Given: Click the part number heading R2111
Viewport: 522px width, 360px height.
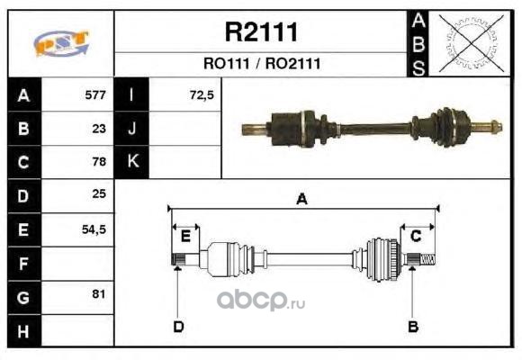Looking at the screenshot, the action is click(x=261, y=32).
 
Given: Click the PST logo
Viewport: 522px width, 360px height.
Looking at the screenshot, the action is click(x=61, y=43).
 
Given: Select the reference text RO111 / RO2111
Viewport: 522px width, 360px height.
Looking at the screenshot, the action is click(x=262, y=64).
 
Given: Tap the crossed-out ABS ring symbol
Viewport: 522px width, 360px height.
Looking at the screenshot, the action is click(x=471, y=43).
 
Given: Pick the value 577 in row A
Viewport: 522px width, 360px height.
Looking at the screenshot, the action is click(x=95, y=95).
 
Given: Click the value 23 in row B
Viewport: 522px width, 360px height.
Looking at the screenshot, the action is click(x=99, y=129).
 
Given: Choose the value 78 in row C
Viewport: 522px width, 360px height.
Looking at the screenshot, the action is click(x=99, y=161).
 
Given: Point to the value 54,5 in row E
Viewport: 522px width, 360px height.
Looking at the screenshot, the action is click(x=94, y=229).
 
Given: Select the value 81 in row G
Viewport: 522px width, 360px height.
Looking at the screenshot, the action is click(x=99, y=294).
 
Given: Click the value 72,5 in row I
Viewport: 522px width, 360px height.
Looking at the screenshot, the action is click(x=202, y=95).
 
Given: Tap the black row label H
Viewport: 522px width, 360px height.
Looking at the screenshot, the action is click(x=24, y=331).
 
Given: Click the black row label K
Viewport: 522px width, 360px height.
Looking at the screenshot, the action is click(x=131, y=162).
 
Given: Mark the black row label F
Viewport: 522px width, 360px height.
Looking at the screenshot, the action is click(x=24, y=264).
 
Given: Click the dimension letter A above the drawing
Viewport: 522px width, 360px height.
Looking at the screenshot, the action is click(x=301, y=199).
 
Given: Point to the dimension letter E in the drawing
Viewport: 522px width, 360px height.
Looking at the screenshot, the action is click(x=185, y=237).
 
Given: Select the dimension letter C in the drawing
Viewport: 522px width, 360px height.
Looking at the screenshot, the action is click(x=416, y=236).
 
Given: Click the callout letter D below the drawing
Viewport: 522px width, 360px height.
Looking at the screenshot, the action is click(x=178, y=327).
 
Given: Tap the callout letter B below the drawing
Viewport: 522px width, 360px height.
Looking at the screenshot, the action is click(x=413, y=327).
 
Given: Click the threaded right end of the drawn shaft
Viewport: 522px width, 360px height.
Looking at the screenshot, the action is click(x=427, y=260).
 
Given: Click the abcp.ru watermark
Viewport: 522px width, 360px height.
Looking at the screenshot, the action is click(x=261, y=301).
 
